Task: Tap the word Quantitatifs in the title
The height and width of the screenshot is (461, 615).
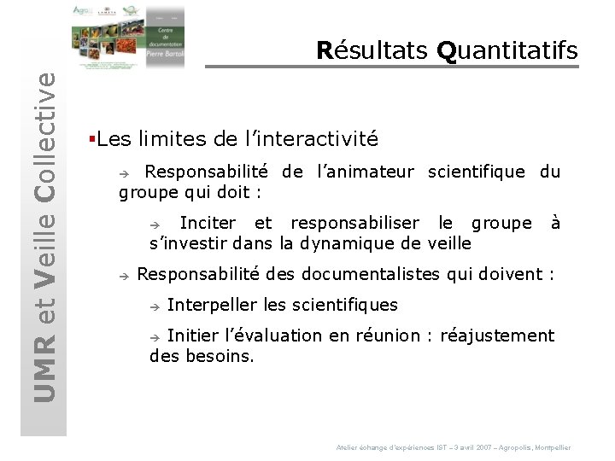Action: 507,51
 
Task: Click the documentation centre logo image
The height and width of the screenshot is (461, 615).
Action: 128,37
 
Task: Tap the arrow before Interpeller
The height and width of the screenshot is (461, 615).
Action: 155,306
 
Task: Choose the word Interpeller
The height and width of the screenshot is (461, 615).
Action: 212,305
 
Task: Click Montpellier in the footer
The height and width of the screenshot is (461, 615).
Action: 552,447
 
